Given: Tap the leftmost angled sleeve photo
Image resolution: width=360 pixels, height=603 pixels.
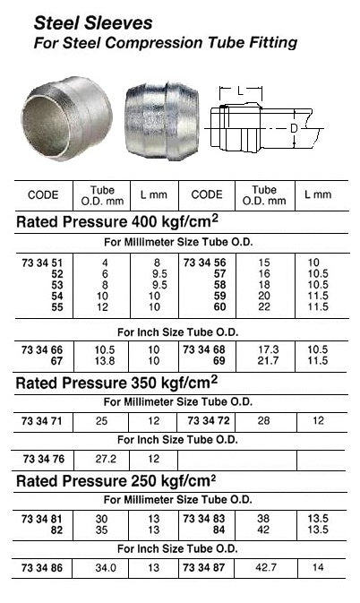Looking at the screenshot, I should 66,116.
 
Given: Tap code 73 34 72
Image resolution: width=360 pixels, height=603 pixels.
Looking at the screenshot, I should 207,420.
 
